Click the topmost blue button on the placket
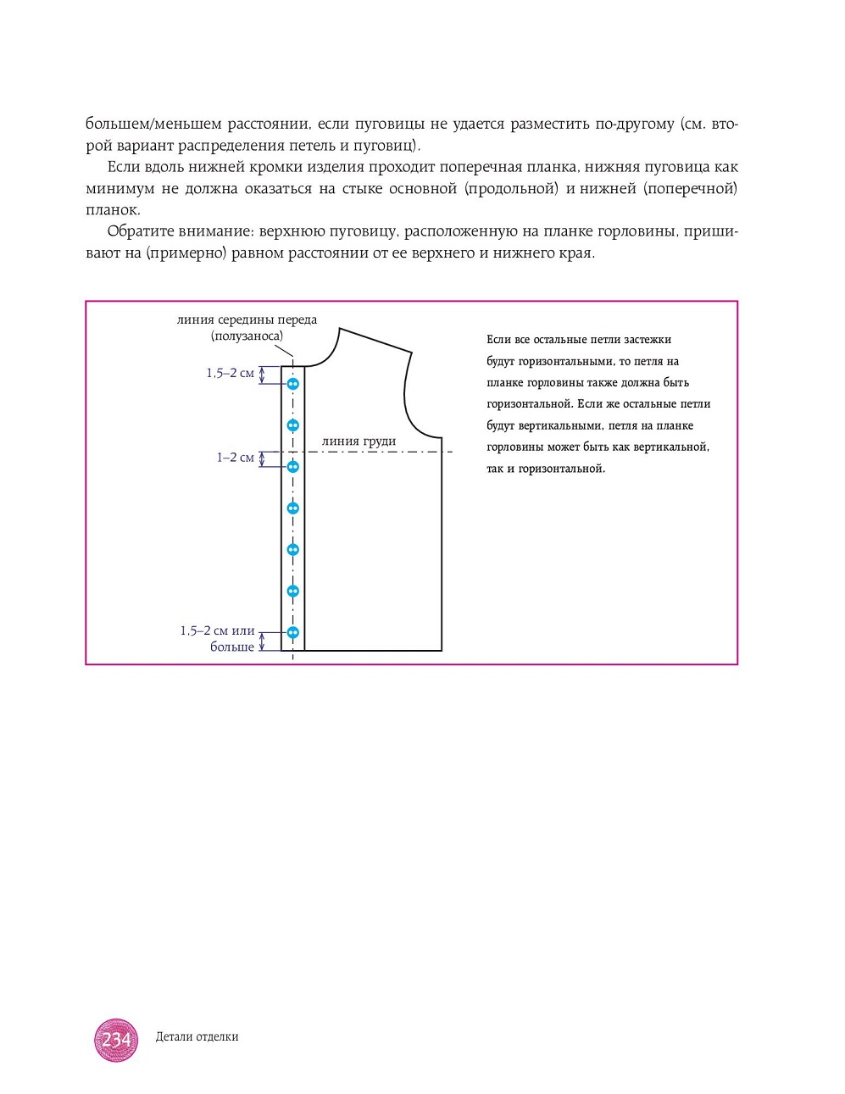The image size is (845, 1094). [293, 384]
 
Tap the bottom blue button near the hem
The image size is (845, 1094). [293, 632]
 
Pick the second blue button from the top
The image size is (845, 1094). [293, 425]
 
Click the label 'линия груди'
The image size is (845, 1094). [359, 441]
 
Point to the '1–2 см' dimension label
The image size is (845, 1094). [235, 458]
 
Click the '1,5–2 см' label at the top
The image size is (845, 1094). [230, 373]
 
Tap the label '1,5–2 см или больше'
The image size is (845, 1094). [218, 639]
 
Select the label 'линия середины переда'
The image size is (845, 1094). [247, 320]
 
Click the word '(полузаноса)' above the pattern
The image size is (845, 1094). [247, 336]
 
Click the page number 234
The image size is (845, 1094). [116, 1040]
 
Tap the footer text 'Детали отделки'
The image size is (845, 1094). [197, 1037]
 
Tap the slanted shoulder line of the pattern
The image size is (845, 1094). [375, 340]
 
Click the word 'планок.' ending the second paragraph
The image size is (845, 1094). [113, 209]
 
